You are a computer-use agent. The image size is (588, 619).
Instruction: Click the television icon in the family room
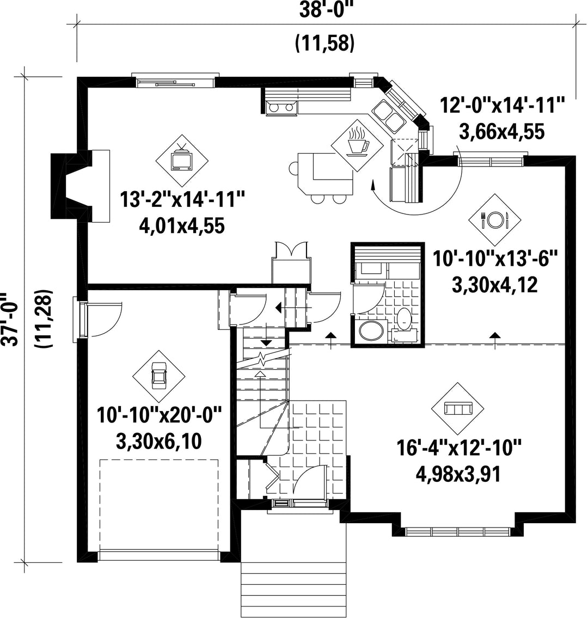point(182,160)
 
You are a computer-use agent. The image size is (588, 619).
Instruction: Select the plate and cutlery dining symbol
point(494,219)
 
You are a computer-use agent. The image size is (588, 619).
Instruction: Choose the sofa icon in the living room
point(458,409)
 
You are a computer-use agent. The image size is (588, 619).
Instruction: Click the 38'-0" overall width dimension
point(326,10)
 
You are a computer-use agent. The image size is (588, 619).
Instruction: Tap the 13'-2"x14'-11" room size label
point(182,199)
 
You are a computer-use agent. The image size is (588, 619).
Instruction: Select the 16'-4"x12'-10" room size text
point(460,449)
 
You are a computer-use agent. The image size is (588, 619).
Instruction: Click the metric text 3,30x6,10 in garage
point(159,442)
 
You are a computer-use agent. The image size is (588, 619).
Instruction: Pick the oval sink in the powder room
point(371,330)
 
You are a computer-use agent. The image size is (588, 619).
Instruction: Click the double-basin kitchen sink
point(388,114)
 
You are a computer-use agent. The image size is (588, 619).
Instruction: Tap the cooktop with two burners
point(281,107)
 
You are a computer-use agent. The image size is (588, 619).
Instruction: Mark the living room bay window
point(458,531)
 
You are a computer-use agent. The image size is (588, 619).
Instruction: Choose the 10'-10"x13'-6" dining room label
point(495,260)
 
